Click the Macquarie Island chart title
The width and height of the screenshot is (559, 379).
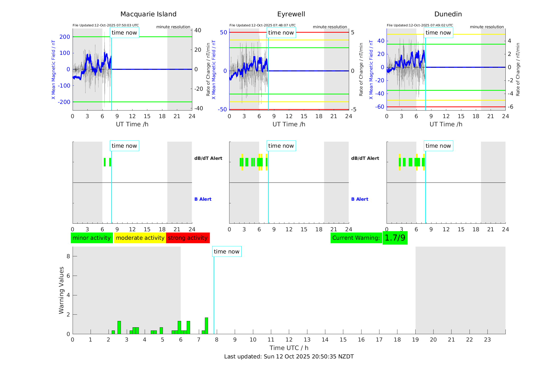[x=148, y=14]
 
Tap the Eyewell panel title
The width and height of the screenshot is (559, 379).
[x=291, y=14]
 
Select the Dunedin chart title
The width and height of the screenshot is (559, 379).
[x=448, y=14]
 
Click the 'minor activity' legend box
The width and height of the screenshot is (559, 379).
[x=92, y=238]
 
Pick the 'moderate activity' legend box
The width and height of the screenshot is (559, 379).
[x=140, y=238]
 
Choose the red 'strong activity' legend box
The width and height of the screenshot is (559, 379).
[x=188, y=238]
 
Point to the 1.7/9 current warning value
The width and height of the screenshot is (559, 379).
[x=395, y=238]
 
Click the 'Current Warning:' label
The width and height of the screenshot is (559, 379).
[x=356, y=238]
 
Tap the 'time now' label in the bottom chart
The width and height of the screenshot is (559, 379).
[x=227, y=252]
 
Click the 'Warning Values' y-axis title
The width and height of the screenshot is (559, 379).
[x=62, y=290]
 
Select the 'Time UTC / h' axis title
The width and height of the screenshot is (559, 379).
[x=289, y=348]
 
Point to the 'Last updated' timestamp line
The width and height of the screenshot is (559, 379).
[x=289, y=357]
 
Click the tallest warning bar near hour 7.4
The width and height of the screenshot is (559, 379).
[x=206, y=326]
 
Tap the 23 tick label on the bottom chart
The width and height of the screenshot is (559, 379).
[x=487, y=340]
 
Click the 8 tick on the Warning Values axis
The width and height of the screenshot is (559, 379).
[x=68, y=256]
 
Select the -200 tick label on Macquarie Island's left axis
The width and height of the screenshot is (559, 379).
[x=64, y=102]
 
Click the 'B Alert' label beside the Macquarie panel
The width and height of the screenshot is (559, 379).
[x=203, y=199]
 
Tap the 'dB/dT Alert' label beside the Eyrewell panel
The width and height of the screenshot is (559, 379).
[x=365, y=158]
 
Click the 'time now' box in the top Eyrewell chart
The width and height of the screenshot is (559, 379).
[x=281, y=33]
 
